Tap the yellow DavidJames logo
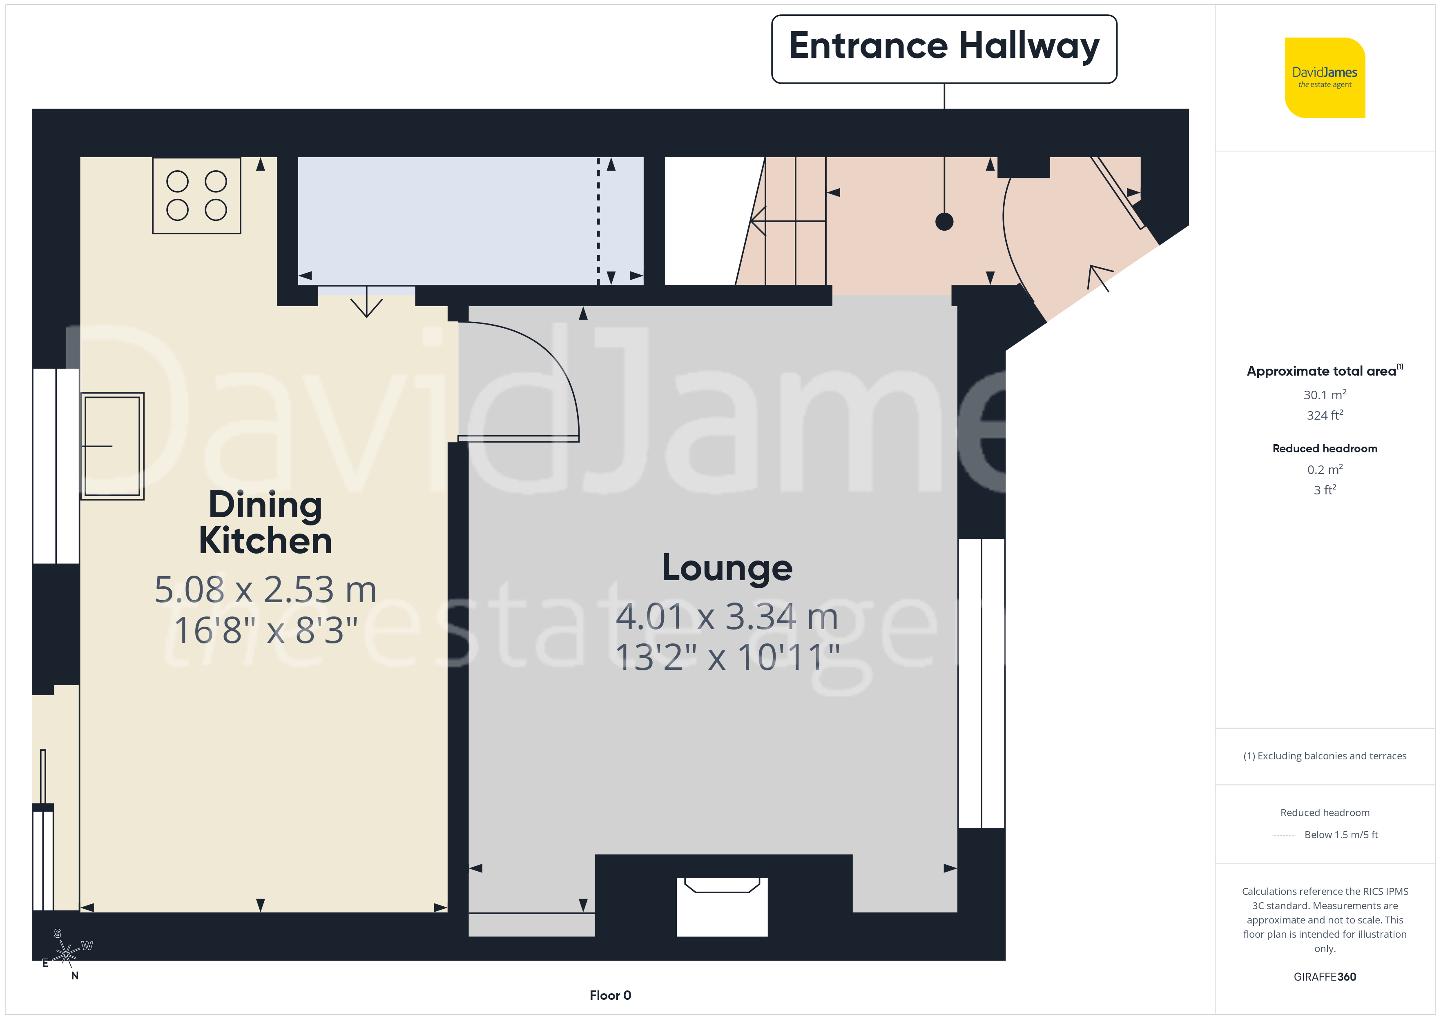pos(1325,78)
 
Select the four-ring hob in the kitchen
pos(196,196)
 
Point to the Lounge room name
pos(727,568)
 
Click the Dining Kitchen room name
pos(265,523)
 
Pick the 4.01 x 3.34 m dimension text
pos(727,617)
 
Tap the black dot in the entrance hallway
pos(944,222)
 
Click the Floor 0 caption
pos(610,995)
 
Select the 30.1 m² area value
pos(1325,395)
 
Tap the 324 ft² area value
pos(1325,415)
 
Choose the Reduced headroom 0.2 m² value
pos(1325,469)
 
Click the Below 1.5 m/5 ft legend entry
pos(1341,834)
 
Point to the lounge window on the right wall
pos(981,683)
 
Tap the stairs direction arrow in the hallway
pos(788,221)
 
